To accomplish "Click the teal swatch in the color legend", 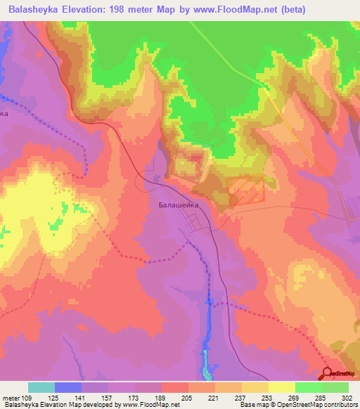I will pos(41,387).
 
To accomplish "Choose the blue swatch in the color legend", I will pos(68,387).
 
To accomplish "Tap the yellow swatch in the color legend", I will pos(282,387).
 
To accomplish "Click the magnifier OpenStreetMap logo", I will pos(326,374).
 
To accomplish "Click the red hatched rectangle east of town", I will pos(245,190).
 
